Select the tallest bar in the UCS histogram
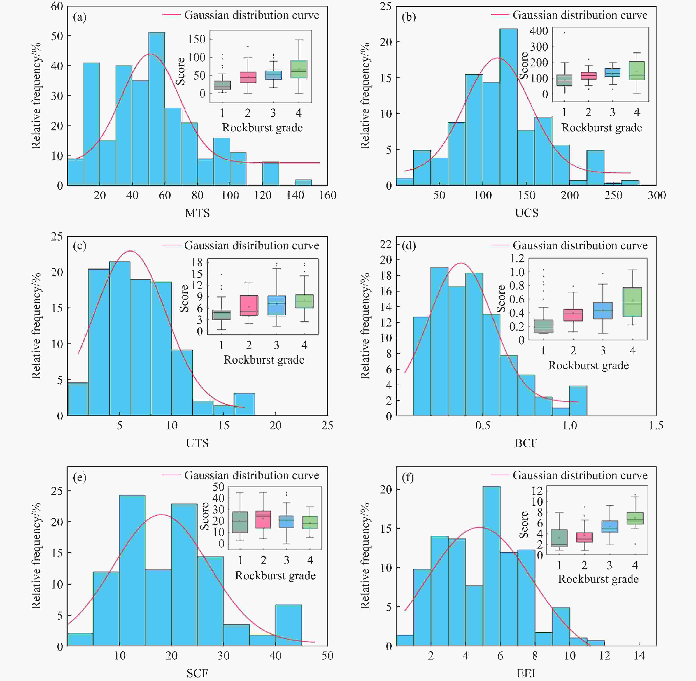(x=508, y=107)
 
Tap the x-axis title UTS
(x=197, y=443)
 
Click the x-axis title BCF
(x=526, y=443)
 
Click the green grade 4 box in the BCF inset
(x=632, y=302)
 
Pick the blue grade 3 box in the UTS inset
(x=276, y=306)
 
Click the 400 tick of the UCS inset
(x=539, y=31)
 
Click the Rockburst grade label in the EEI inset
(x=598, y=579)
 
